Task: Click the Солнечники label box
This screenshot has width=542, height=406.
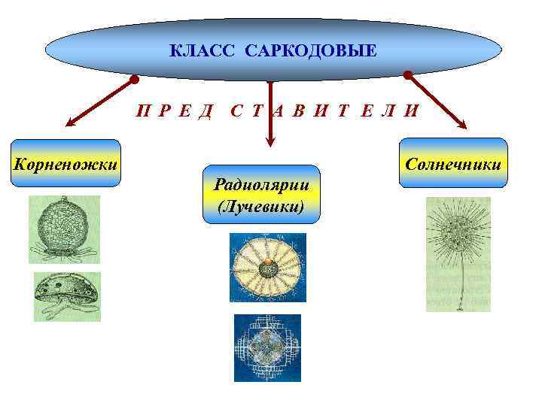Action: point(452,162)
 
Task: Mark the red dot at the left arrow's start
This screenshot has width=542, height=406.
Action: point(134,78)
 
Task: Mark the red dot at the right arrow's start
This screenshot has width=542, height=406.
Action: point(407,75)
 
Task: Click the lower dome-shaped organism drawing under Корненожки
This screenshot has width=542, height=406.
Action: point(66,295)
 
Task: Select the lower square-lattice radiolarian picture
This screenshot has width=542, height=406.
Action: point(266,347)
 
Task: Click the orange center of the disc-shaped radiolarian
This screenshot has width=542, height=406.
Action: point(267,265)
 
